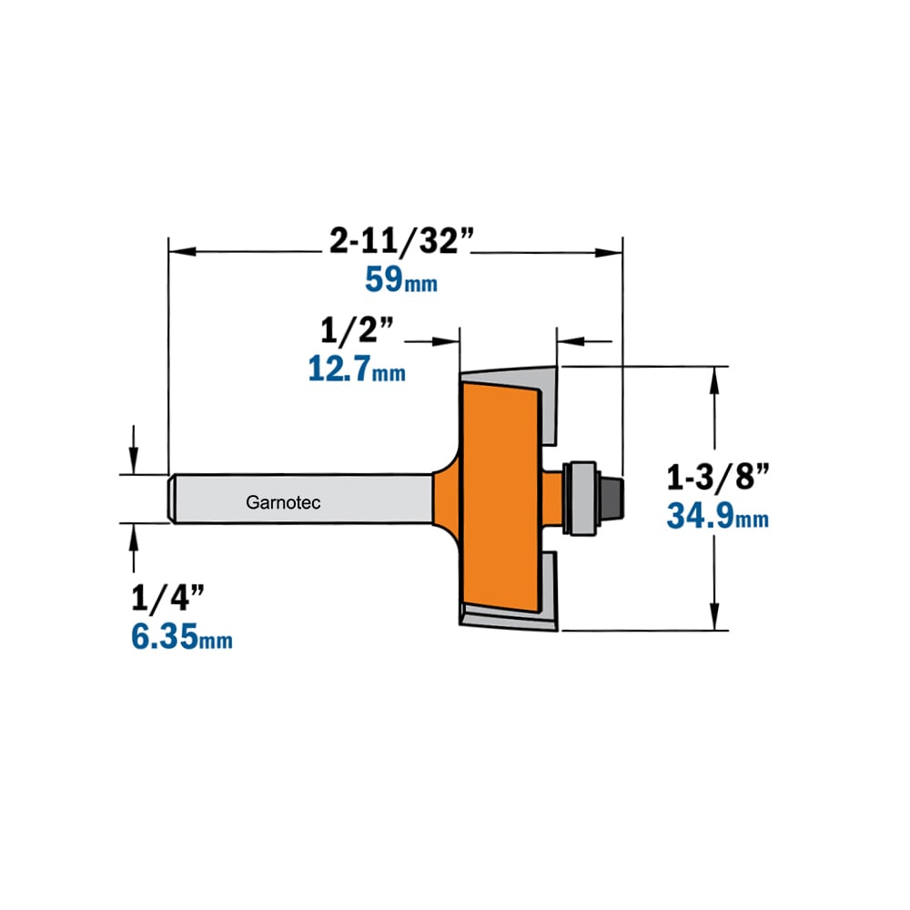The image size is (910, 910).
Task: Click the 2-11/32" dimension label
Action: coord(401,240)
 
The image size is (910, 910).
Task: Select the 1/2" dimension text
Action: coord(357,330)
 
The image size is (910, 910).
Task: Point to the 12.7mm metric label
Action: coord(357,369)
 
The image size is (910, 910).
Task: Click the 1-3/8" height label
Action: coord(717,477)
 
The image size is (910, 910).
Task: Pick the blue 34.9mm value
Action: coord(717,516)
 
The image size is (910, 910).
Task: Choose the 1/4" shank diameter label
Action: coord(167,598)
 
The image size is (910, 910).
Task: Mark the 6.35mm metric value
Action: coord(182,637)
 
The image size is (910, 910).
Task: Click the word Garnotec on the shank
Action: coord(283,502)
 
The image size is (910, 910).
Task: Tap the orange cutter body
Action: coord(499,499)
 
